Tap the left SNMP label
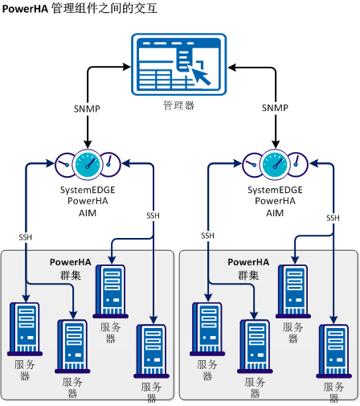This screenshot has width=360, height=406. click(86, 108)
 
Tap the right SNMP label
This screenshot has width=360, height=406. click(275, 108)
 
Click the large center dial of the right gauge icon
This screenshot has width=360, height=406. click(274, 165)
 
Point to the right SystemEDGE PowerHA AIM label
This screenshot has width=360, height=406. click(275, 201)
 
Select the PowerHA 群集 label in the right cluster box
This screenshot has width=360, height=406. click(247, 269)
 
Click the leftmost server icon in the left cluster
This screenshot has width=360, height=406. click(24, 328)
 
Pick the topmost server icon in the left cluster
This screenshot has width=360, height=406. click(111, 290)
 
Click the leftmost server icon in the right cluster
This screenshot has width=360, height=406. click(207, 328)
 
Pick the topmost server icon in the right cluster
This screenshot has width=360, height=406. click(293, 290)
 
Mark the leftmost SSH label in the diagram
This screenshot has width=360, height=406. click(27, 236)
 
